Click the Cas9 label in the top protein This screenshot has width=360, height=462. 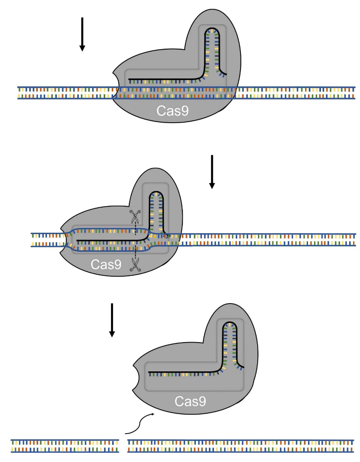(173, 111)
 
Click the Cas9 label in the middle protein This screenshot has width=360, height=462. (106, 264)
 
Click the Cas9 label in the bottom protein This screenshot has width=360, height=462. (190, 401)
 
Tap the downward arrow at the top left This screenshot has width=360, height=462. (82, 34)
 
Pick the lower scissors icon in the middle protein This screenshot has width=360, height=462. (134, 265)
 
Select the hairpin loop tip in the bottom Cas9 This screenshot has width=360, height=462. (230, 323)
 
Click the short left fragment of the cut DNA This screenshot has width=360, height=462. (65, 446)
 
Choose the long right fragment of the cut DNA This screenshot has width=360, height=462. (240, 446)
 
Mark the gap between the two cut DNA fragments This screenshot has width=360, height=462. (124, 446)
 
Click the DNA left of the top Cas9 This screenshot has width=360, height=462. (65, 93)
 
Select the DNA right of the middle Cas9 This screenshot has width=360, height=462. (268, 240)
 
